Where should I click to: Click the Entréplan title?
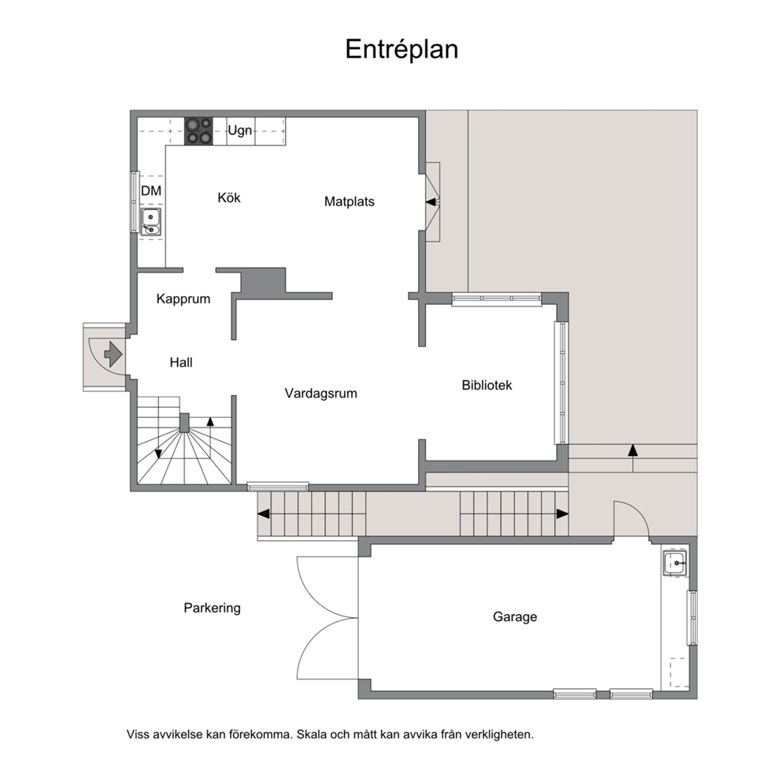point(402,50)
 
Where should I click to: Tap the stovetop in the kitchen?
point(198,131)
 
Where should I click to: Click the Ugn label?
point(240,131)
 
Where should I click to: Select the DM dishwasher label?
point(151,191)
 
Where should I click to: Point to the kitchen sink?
point(150,222)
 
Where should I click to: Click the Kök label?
point(229,198)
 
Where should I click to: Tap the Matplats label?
point(349,202)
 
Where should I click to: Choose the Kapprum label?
point(183,299)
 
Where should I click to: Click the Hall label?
point(181,363)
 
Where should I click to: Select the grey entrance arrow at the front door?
point(113,354)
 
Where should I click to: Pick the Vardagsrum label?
point(320,394)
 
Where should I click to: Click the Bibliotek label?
point(487,385)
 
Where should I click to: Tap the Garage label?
point(515,616)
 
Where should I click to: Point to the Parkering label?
point(213,608)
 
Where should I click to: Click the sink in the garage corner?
point(675,564)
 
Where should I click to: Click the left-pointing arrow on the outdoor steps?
point(263,513)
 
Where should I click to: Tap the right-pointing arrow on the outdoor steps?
point(562,513)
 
